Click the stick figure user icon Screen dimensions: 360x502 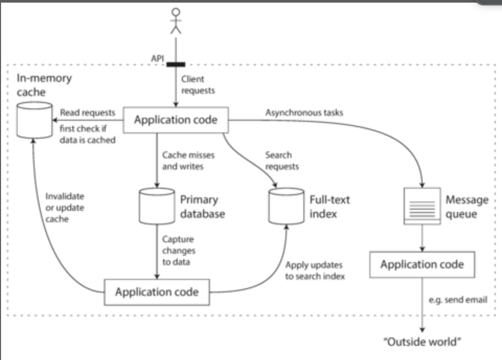point(176,21)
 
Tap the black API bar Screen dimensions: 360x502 point(176,64)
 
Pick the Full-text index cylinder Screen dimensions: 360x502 point(286,206)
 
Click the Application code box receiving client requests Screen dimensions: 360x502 point(175,120)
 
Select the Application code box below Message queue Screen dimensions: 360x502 point(422,265)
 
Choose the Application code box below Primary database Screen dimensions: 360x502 point(157,291)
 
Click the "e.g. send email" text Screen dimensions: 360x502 point(458,300)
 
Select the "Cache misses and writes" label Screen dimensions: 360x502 point(188,161)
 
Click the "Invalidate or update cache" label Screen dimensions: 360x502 point(65,208)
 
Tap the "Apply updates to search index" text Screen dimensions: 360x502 point(315,271)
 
